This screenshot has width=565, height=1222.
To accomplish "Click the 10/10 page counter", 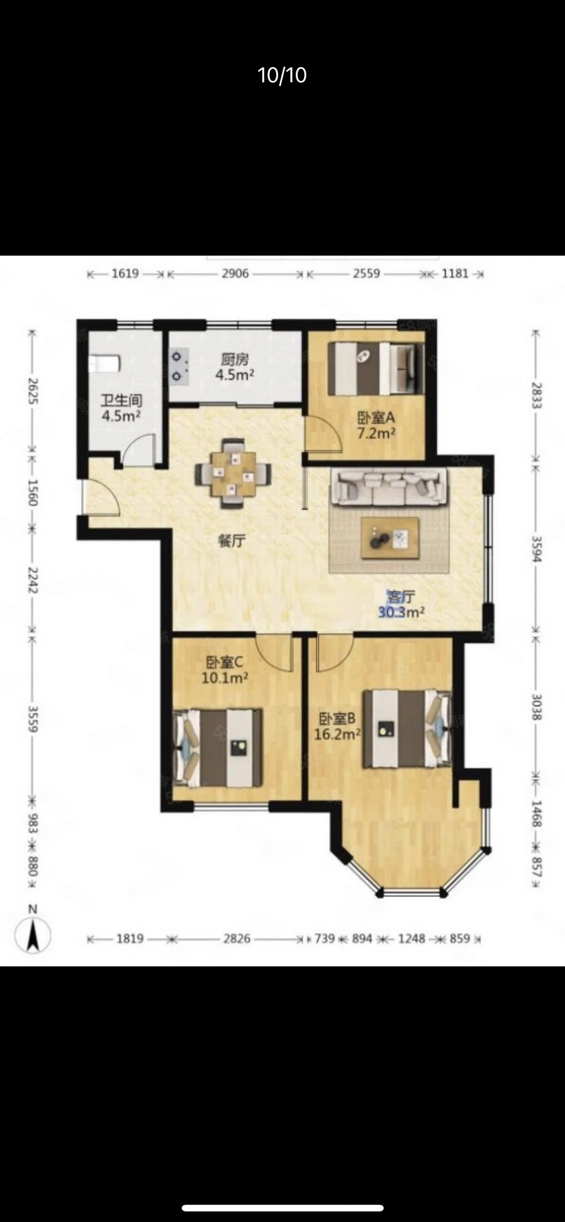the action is [282, 75].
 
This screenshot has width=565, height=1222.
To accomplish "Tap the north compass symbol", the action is [33, 934].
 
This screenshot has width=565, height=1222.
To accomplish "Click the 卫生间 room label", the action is [121, 400].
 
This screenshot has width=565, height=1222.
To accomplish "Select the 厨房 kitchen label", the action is [235, 360].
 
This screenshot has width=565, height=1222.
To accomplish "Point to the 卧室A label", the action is [376, 417].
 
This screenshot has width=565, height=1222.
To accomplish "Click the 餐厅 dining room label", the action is [232, 541].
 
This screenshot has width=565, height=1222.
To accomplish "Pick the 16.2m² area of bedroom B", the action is [337, 734].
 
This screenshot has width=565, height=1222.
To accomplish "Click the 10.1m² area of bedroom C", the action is [225, 678].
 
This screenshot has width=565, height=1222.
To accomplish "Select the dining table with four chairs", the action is [233, 473].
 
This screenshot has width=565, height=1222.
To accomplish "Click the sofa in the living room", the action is [388, 487].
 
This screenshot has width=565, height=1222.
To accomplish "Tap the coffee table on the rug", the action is [390, 538].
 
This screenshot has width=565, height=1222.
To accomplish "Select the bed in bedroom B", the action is [407, 728].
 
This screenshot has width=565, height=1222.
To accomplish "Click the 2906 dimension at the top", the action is [235, 274].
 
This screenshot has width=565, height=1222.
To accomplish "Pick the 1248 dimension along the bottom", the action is [412, 939].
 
